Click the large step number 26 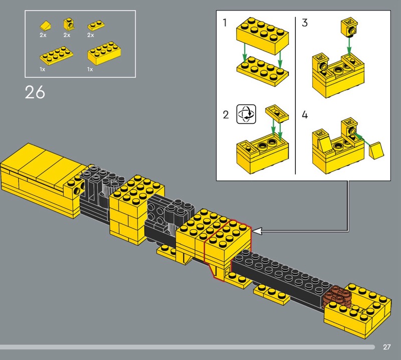point(35,92)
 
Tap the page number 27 point(386,347)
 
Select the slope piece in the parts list point(46,25)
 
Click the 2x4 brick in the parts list point(104,53)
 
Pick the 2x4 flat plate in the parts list point(57,55)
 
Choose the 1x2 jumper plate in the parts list point(96,26)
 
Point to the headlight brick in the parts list point(69,24)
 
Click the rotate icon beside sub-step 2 point(246,114)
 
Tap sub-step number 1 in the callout point(225,23)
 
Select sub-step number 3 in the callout point(305,23)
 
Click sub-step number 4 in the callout point(305,115)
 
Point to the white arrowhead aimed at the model point(257,231)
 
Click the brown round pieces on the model point(336,296)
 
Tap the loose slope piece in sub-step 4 point(376,150)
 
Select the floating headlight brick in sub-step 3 point(349,27)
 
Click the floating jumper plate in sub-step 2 point(277,113)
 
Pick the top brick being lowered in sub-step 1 point(262,35)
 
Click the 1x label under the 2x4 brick point(90,69)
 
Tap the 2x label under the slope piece point(43,35)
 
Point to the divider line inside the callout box point(295,96)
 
